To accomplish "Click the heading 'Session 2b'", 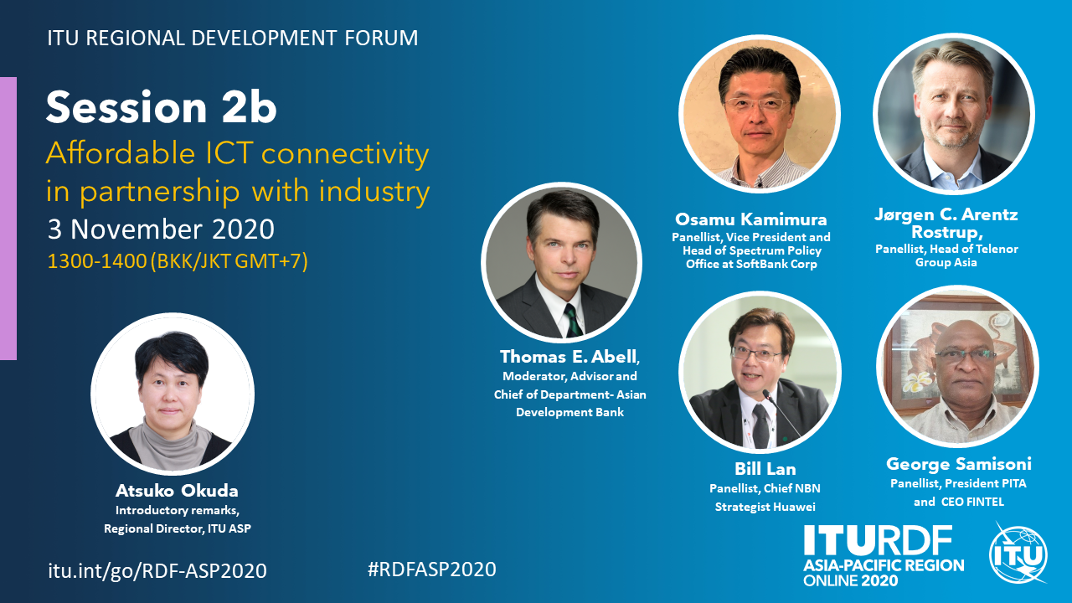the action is tap(162, 107).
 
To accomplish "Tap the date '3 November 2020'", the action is tap(161, 229).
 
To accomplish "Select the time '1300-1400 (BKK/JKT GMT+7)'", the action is tap(178, 261).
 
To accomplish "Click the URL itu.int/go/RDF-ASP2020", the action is tap(157, 570).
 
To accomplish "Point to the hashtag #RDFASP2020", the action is tap(431, 569).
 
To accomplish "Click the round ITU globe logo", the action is tap(1018, 554).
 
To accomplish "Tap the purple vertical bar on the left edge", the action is tap(8, 219).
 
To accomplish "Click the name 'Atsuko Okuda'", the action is tap(177, 491).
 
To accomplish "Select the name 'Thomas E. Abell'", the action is tap(569, 357).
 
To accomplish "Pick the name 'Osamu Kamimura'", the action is tap(751, 219).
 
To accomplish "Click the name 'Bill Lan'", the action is tap(765, 469).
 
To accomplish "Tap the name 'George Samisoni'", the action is tap(959, 464).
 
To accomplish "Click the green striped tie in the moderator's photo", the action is tap(573, 321).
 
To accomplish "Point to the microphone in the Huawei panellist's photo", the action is tap(781, 413).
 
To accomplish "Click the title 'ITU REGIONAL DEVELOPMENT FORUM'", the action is tap(233, 39).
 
